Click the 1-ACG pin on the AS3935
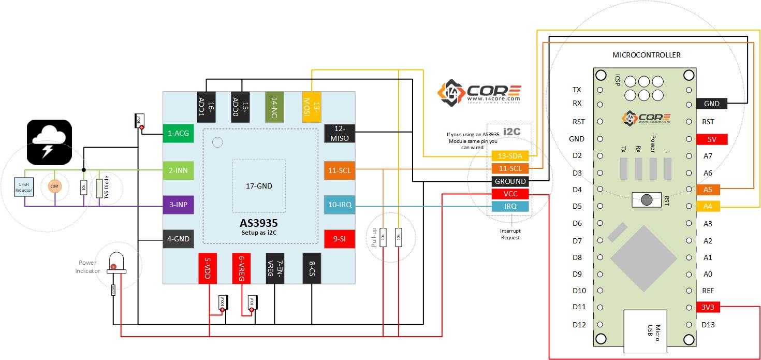(178, 134)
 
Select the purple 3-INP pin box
(178, 205)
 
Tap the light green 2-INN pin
(178, 169)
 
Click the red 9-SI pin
(340, 239)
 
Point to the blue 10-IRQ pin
(340, 205)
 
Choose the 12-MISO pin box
(340, 133)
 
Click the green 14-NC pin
(274, 107)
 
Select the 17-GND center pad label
(258, 186)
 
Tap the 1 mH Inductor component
(24, 187)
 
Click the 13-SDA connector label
(510, 156)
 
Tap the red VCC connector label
(510, 194)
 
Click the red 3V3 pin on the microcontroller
(707, 307)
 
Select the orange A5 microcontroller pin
(707, 190)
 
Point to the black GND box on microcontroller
(711, 104)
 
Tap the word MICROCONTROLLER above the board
(646, 55)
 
